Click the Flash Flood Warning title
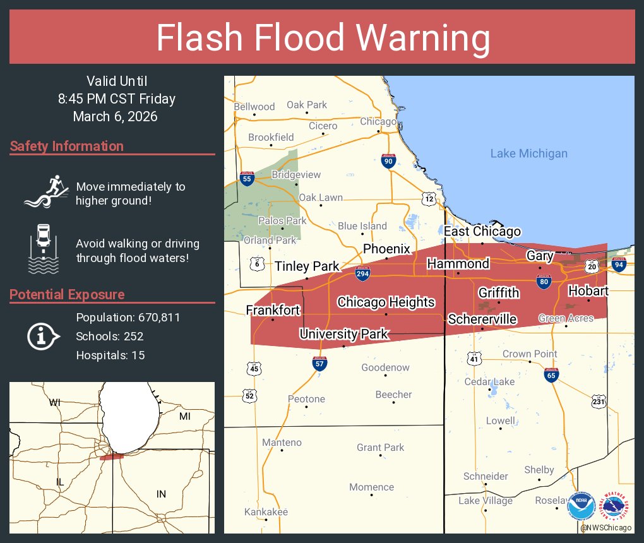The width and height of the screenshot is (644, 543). click(323, 39)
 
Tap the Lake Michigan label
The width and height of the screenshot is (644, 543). click(528, 153)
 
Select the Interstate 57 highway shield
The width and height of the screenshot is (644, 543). click(320, 363)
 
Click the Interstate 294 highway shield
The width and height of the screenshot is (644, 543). click(362, 273)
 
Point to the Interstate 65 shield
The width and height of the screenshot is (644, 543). click(551, 375)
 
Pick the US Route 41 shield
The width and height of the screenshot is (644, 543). click(474, 359)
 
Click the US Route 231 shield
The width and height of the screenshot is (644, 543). click(599, 401)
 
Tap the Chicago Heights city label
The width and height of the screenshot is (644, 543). click(386, 302)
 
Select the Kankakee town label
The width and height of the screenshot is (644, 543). click(266, 511)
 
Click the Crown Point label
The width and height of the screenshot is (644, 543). click(530, 354)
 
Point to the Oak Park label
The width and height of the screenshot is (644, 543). click(307, 105)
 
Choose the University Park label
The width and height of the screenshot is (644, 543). click(343, 334)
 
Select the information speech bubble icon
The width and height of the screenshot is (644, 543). click(42, 336)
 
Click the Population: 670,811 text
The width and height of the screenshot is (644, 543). click(128, 317)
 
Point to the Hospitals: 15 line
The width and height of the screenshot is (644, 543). click(110, 355)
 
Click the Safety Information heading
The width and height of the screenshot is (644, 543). click(67, 146)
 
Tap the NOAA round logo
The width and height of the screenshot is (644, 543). click(581, 506)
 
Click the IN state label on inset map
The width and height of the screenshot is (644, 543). click(161, 494)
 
